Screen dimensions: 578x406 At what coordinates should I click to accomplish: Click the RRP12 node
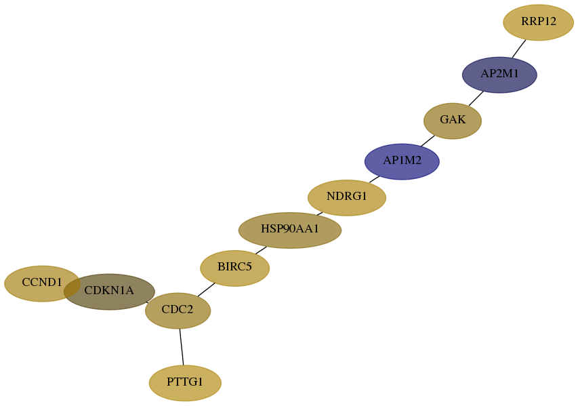point(538,22)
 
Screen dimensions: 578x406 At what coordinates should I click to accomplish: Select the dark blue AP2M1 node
point(499,75)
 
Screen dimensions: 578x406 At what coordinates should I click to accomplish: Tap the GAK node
point(452,121)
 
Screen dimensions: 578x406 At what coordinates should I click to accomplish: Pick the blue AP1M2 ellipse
point(402,161)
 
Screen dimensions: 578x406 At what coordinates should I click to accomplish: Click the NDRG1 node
point(346,198)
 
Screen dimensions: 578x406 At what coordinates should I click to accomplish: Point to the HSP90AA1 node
point(290,230)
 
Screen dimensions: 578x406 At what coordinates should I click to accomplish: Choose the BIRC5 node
point(235,268)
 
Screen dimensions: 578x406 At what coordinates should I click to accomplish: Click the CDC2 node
point(178,310)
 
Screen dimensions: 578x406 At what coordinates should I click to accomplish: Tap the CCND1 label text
point(42,283)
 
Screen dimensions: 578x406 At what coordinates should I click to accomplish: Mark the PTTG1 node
point(185,383)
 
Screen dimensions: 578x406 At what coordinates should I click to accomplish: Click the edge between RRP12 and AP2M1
point(518,49)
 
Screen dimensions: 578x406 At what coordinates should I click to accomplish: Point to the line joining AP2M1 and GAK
point(476,98)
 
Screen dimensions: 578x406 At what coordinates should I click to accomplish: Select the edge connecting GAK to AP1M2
point(428,141)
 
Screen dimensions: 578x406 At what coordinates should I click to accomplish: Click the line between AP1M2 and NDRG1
point(375,179)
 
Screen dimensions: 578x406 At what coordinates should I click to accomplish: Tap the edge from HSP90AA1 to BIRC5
point(261,250)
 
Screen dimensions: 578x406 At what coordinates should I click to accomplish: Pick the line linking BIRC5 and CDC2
point(206,289)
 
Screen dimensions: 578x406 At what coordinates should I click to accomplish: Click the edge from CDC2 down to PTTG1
point(182,346)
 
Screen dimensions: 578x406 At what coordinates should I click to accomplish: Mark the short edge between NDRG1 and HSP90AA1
point(320,214)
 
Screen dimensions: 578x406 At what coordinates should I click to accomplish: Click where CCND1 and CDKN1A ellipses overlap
point(73,286)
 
